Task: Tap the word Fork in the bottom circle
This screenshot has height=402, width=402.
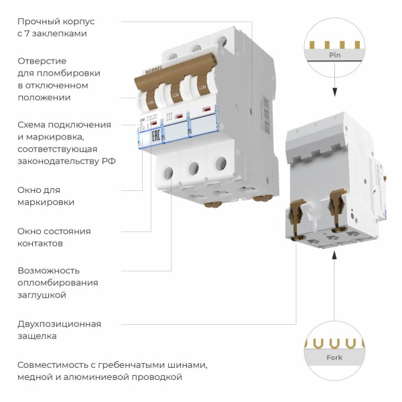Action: coord(334,358)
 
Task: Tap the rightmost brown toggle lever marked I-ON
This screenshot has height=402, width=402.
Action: coord(200,87)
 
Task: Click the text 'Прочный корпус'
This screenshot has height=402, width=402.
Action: coord(52,21)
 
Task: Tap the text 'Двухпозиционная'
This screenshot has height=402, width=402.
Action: coord(59,324)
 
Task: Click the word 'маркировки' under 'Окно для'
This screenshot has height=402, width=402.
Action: coord(46,202)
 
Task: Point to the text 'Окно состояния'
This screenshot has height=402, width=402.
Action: coord(54,231)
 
